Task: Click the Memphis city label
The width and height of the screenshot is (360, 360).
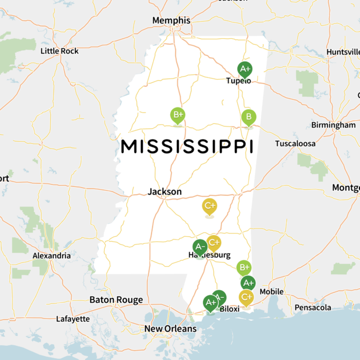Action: pos(171,20)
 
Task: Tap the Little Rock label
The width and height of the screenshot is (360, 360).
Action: pos(59,51)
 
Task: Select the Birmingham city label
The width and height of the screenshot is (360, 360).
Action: pos(333,125)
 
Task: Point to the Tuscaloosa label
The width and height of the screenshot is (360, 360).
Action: pos(295,144)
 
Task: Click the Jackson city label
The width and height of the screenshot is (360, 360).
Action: pos(165,192)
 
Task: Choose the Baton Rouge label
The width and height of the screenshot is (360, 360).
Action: pos(116,300)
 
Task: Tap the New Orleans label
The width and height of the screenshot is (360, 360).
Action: pos(170,329)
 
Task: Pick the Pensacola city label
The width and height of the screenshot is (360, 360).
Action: pos(313,308)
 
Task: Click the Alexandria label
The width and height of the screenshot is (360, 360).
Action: pos(51,255)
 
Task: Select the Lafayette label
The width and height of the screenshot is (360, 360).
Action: pos(73,319)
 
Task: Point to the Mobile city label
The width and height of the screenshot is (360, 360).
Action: pos(271,292)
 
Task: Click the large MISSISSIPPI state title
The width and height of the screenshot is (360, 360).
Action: pos(187,146)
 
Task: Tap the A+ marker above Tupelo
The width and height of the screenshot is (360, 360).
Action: pos(244,69)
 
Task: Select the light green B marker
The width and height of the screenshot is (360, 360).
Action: pos(249,117)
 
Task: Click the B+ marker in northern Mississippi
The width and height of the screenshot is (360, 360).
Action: pos(178,115)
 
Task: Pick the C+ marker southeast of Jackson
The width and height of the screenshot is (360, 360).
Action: pos(209,206)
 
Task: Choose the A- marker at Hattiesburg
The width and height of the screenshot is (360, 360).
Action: pos(200,247)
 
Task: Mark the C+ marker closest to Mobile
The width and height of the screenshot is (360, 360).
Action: pos(247,297)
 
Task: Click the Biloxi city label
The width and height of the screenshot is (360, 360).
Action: pos(230,309)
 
